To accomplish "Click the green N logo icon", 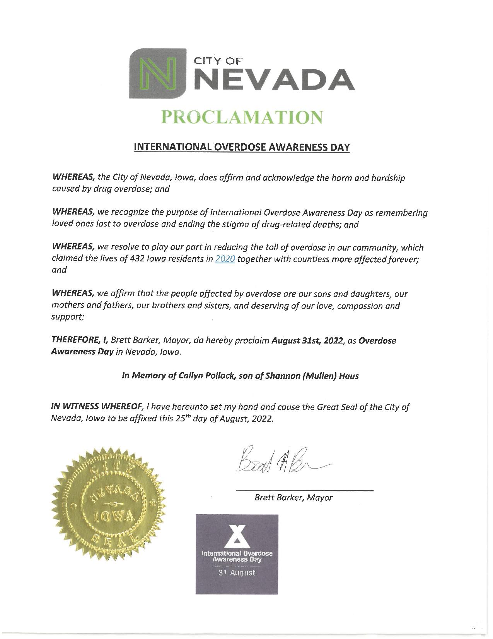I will tap(157, 73).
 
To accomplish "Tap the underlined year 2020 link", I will tap(225, 259).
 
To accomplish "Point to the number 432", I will tap(138, 259).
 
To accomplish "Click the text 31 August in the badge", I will tap(237, 572).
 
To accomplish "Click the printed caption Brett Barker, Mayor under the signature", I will tap(293, 498).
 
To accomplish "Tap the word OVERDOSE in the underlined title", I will tap(239, 147).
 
